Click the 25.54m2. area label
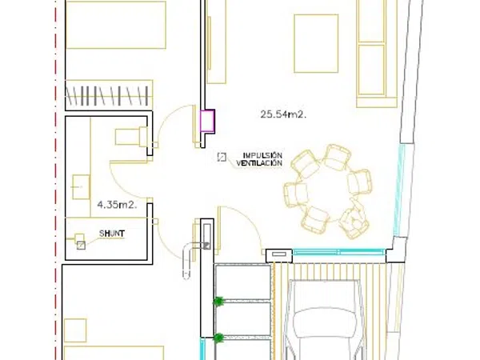point(283,114)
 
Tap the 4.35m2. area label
point(117,205)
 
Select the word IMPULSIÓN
point(262,155)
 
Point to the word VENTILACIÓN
point(259,163)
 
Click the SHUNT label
point(112,234)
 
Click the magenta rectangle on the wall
point(207,121)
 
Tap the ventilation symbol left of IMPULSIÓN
point(222,157)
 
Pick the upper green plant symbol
point(218,302)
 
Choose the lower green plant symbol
point(218,338)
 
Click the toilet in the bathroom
point(131,136)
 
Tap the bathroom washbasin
point(81,186)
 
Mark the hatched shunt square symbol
point(81,246)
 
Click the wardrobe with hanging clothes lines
point(110,95)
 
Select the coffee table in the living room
point(316,43)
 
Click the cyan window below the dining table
point(339,252)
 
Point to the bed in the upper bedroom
point(116,25)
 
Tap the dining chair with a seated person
point(354,221)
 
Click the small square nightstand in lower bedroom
point(75,330)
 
